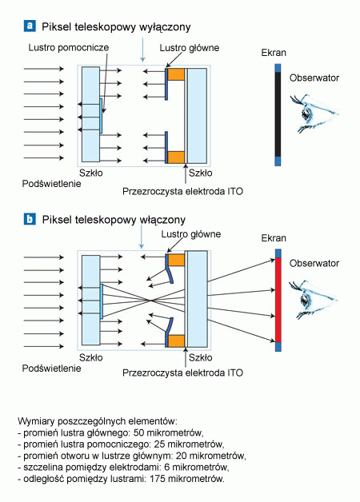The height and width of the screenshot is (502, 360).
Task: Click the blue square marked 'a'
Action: coord(30,26)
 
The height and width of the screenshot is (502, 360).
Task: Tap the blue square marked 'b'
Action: coord(30,219)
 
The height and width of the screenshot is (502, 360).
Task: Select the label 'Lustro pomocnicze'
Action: coord(69,48)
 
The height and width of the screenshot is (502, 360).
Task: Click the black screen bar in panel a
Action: coord(278,114)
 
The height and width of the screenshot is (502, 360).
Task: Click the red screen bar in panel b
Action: coord(278,300)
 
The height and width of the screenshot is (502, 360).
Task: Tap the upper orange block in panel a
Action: coord(176,74)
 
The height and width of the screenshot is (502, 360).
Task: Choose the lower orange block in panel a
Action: coord(176,157)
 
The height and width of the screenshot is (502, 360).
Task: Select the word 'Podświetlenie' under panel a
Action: coord(51,184)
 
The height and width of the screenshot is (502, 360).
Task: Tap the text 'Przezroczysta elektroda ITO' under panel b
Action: coord(182,373)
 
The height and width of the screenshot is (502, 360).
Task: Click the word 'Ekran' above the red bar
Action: coord(274,238)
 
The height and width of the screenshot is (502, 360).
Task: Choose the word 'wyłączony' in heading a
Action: coord(165,27)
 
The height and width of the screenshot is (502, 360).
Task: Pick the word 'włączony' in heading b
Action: coord(162,221)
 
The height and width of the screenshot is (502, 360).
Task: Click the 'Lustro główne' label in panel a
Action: coord(190,48)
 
